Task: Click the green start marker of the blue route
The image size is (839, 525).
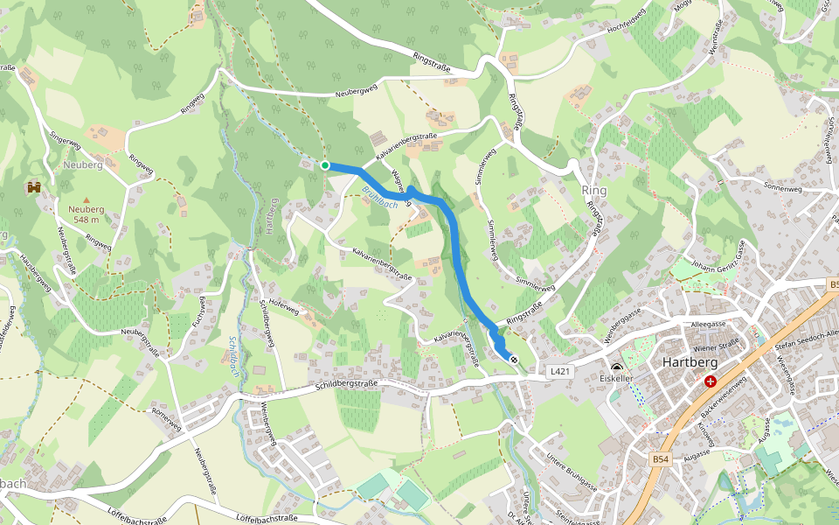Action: pyautogui.click(x=325, y=165)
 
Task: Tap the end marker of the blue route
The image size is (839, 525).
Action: pyautogui.click(x=514, y=360)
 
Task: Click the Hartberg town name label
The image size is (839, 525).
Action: pyautogui.click(x=690, y=362)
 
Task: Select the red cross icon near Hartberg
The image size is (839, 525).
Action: pyautogui.click(x=711, y=381)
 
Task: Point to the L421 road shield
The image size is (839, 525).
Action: pyautogui.click(x=561, y=372)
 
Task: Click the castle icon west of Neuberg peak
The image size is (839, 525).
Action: pyautogui.click(x=35, y=186)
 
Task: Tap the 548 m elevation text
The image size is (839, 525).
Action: pyautogui.click(x=87, y=220)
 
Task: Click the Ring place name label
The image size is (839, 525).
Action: pyautogui.click(x=593, y=190)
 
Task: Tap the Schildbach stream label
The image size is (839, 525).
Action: pyautogui.click(x=233, y=355)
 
